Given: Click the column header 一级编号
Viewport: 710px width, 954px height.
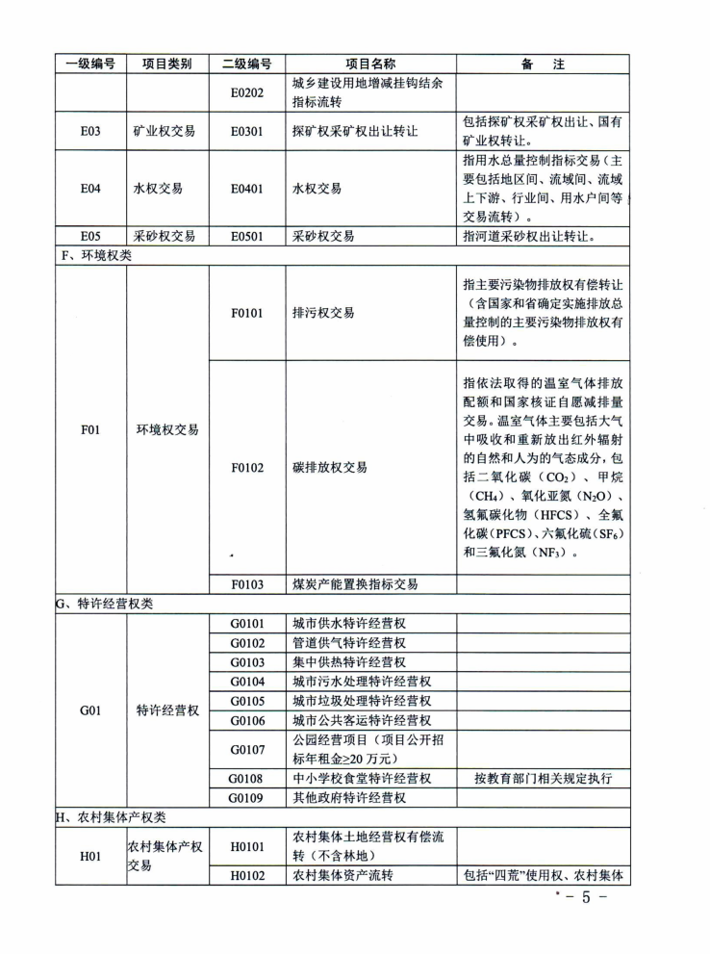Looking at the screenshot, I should point(90,64).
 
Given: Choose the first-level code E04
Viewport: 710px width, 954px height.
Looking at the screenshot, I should point(90,189).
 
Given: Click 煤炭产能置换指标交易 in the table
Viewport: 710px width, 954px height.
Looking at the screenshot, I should point(355,584).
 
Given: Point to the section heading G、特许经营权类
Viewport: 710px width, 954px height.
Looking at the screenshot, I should point(105,604).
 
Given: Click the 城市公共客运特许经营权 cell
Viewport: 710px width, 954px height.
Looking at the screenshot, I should point(362,720).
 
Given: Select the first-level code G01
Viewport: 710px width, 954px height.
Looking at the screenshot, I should point(90,710).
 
